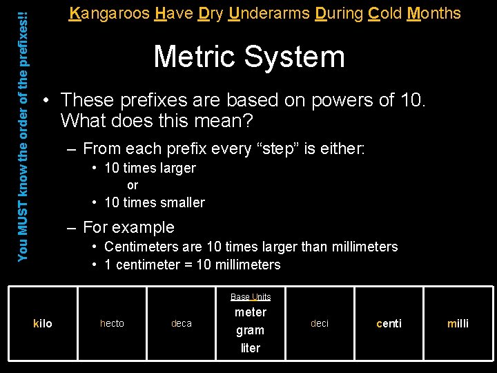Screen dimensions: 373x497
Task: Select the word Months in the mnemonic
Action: point(433,12)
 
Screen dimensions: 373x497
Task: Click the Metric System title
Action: point(248,56)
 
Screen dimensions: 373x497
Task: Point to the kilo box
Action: point(43,323)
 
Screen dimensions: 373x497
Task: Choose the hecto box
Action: point(112,323)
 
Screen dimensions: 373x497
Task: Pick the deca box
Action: point(182,323)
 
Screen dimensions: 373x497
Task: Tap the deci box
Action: point(320,323)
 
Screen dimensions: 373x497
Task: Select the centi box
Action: point(389,323)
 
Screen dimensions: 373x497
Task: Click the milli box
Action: point(458,323)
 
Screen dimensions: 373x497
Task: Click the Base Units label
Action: point(251,296)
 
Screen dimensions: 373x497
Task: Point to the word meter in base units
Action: point(251,312)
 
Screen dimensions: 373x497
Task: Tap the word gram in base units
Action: point(251,330)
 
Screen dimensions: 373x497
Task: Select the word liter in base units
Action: point(251,348)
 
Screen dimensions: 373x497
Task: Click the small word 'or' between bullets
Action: point(133,185)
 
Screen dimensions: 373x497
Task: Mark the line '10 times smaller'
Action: point(154,202)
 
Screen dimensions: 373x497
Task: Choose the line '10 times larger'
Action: point(150,168)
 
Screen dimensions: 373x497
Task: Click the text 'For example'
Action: point(128,227)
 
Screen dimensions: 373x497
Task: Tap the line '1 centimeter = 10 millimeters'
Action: point(192,265)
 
